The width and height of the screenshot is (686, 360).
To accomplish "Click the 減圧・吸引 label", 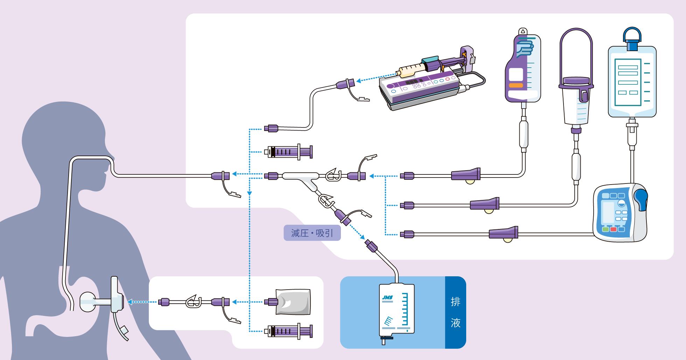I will (x=312, y=233).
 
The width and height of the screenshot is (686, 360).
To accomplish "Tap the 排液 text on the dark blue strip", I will (x=455, y=312).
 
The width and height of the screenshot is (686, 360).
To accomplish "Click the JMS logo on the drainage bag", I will (x=387, y=298).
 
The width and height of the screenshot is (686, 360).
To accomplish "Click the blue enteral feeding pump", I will (x=619, y=213).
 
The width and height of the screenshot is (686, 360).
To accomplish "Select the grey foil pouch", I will (x=293, y=302).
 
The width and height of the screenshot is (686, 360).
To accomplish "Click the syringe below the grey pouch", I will (x=289, y=331).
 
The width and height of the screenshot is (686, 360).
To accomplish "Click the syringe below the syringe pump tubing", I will (x=289, y=152).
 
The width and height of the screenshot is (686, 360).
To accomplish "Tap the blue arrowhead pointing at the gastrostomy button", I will (x=129, y=302).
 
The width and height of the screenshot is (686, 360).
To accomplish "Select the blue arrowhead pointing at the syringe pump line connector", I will (x=358, y=81).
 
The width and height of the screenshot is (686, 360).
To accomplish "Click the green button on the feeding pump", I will (x=605, y=229).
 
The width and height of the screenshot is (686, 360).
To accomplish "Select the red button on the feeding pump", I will (x=613, y=229).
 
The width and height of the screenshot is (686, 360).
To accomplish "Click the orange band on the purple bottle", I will (x=516, y=85).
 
